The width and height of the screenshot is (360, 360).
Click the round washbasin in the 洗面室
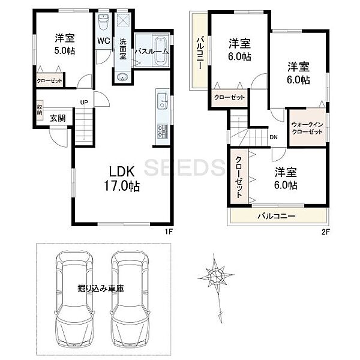(x=122, y=77)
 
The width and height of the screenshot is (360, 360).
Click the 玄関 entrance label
(x=58, y=118)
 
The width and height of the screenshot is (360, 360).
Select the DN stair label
(x=273, y=137)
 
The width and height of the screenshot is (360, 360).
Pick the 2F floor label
(x=325, y=230)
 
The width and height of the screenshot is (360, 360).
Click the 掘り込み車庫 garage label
(x=101, y=289)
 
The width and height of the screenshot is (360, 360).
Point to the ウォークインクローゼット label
(x=307, y=127)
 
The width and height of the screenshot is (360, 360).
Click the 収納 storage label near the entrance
(x=40, y=109)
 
